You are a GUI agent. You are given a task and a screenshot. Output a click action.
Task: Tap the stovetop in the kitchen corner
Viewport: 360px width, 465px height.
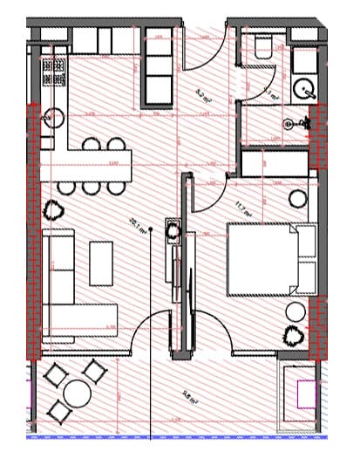54,72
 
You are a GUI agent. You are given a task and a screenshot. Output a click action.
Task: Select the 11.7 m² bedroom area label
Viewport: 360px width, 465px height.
241,207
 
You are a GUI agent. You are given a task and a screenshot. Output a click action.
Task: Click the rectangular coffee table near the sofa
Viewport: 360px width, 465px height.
101,262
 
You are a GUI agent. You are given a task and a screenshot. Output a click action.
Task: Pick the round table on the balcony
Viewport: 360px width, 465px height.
77,395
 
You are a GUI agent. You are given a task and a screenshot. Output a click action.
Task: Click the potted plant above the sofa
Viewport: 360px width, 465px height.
54,209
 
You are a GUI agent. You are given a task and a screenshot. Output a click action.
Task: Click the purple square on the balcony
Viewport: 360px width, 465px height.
306,394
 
